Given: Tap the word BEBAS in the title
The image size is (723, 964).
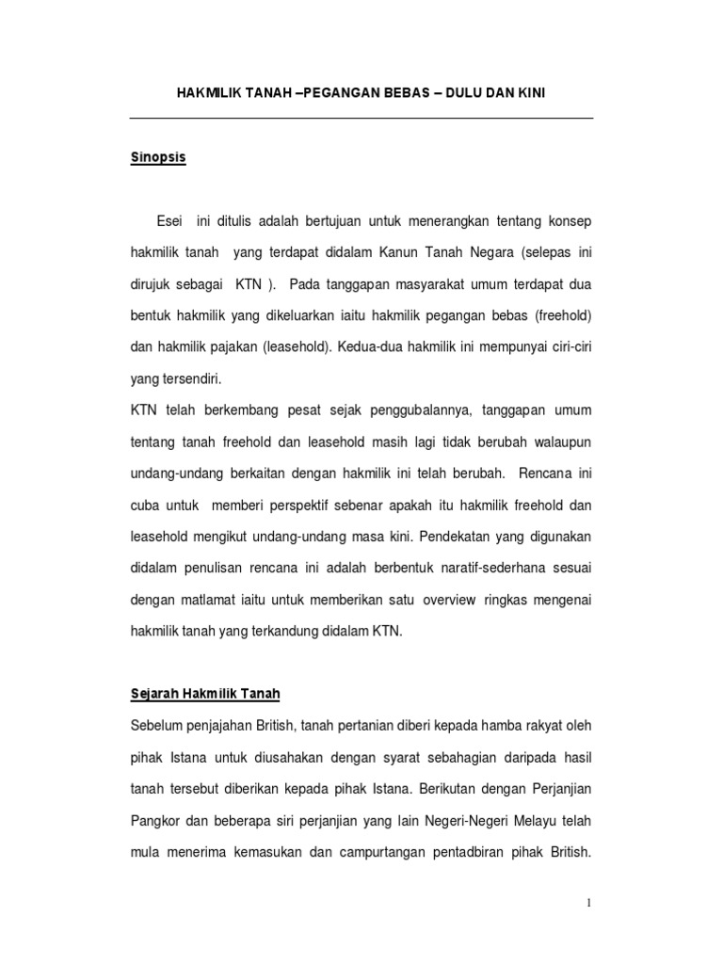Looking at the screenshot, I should coord(400,93).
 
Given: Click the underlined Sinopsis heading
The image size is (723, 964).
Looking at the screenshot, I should coord(158,158).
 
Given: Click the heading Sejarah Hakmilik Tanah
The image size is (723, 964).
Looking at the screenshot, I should coord(205,694).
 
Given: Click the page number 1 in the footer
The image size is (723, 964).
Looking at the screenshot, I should coord(589,904).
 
